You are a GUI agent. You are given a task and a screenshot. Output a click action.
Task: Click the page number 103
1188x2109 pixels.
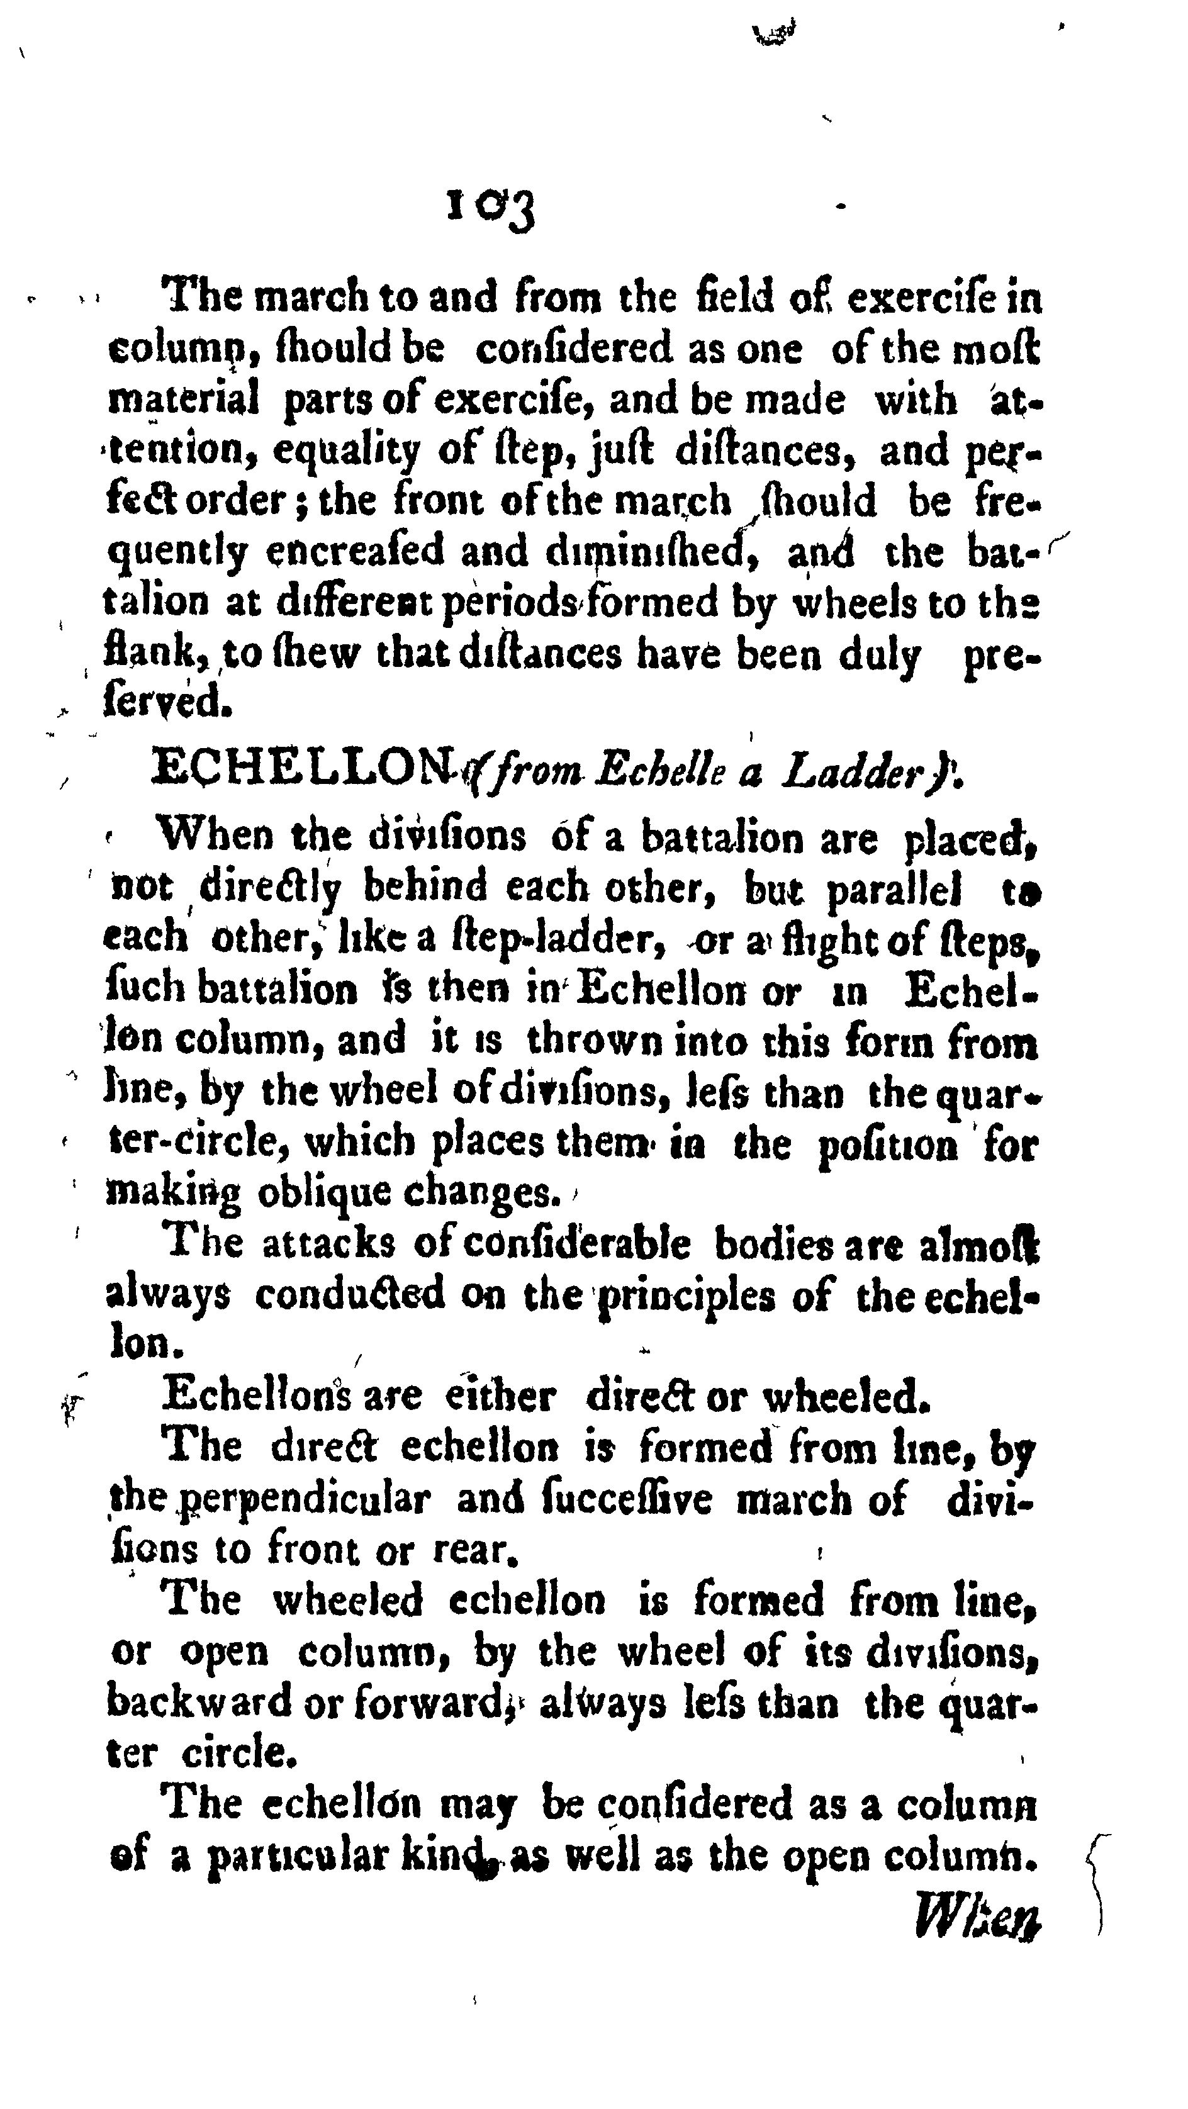click(x=490, y=210)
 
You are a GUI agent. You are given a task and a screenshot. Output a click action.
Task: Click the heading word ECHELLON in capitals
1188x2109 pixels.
click(x=303, y=769)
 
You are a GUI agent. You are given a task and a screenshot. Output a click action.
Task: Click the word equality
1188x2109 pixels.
click(x=346, y=451)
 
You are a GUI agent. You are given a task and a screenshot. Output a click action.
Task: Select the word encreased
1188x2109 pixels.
click(x=357, y=551)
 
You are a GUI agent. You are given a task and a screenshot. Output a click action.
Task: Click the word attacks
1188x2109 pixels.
click(x=329, y=1245)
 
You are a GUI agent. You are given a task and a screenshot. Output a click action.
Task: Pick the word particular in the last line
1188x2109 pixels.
click(x=296, y=1855)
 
